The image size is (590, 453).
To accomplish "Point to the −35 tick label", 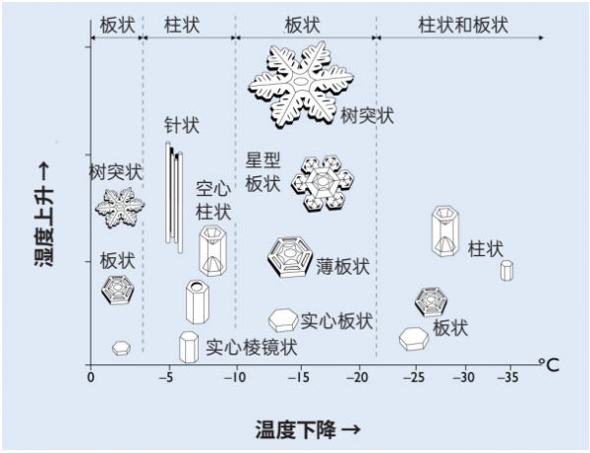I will (x=506, y=377).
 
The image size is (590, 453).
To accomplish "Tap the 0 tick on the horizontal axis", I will (x=90, y=377).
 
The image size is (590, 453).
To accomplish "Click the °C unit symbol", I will (x=548, y=364).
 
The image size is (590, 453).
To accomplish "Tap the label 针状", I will (x=182, y=125).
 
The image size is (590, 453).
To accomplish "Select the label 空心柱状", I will (x=213, y=200).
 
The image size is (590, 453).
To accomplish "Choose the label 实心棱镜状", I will (x=251, y=347).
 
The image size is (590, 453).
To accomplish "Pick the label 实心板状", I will (x=336, y=320).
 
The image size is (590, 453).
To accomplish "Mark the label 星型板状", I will (x=263, y=172).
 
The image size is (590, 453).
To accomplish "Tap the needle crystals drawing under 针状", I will (x=173, y=194).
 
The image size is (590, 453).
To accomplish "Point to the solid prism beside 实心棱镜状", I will (x=189, y=346).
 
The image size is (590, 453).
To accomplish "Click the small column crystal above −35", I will (x=506, y=270).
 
